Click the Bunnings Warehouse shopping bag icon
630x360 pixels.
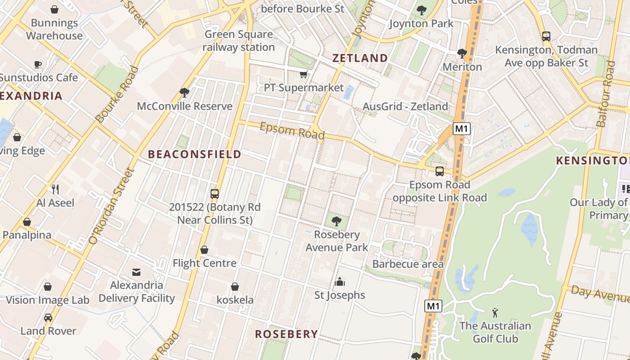click(54, 9)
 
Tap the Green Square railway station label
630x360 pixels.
click(238, 40)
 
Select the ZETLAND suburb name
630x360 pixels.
click(360, 58)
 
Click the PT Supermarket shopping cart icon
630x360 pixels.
click(304, 74)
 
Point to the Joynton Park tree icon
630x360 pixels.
click(421, 10)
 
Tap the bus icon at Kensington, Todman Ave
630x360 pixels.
click(546, 36)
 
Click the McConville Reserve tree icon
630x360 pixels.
click(184, 93)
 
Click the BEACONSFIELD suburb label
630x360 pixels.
click(195, 154)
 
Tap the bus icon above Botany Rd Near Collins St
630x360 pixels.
click(215, 194)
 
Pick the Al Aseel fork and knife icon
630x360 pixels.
click(55, 189)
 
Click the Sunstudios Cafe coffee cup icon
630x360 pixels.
click(38, 64)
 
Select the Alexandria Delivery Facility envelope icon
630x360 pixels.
click(136, 272)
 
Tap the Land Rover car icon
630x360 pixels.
click(48, 318)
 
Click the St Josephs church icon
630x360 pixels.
click(340, 282)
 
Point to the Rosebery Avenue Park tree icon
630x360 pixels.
click(336, 221)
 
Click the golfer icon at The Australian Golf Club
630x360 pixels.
click(495, 312)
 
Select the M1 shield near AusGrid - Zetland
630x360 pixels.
click(461, 129)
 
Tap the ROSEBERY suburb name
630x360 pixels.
click(286, 334)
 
